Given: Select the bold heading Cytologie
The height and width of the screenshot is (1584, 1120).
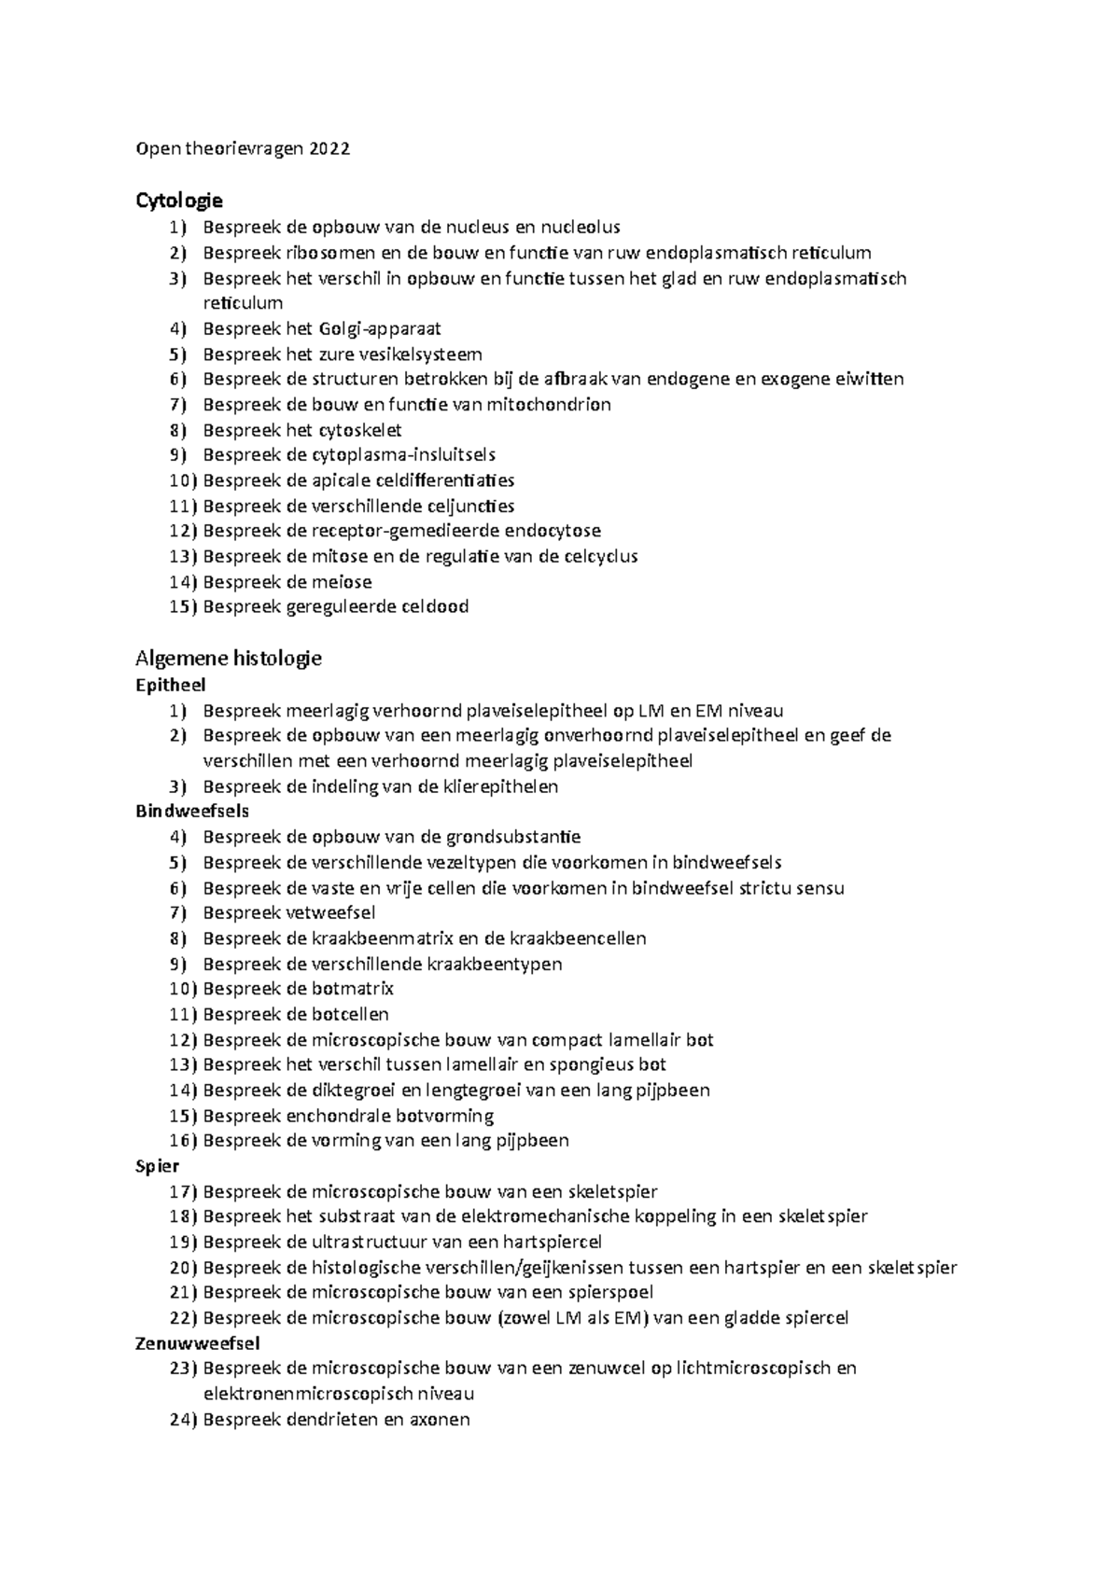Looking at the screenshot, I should coord(179,201).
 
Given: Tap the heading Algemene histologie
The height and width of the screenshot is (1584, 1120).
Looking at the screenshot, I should coord(229,659).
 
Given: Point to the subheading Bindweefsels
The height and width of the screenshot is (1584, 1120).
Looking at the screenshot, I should coord(192,812).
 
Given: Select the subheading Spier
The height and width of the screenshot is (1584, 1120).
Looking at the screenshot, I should coord(158,1166).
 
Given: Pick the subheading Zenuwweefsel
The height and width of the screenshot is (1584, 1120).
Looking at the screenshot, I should coord(198,1343).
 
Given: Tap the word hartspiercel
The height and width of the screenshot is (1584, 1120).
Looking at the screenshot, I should coord(552,1243).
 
